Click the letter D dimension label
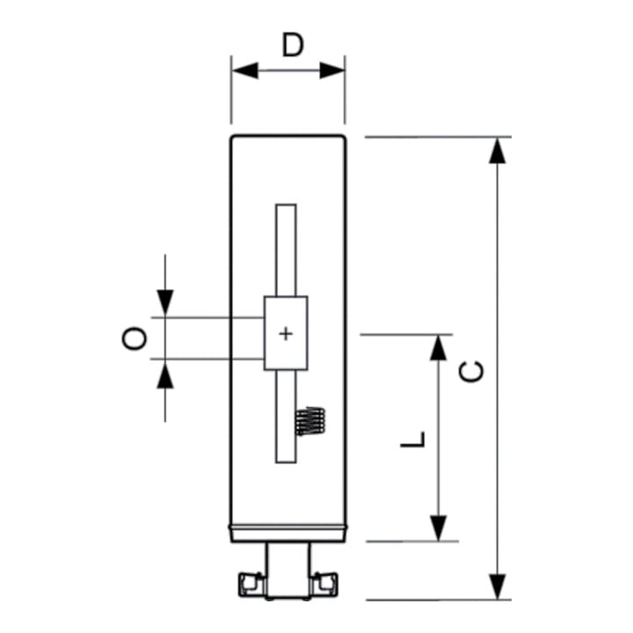pos(293,45)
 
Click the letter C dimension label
pos(471,372)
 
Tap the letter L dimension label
pos(413,440)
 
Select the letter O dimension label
pos(134,338)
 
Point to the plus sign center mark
pos(286,334)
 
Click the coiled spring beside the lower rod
pos(310,421)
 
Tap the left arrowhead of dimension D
pos(245,70)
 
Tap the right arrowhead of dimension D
pos(332,70)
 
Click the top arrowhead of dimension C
pos(498,150)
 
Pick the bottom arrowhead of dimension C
pos(498,586)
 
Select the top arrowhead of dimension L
pos(438,347)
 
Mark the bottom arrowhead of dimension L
pos(438,528)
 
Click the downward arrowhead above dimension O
pos(165,302)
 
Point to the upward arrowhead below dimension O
pos(165,375)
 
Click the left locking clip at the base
pos(251,584)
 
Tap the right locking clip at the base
pos(325,584)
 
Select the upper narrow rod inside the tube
pos(286,251)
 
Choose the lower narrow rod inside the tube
pos(286,416)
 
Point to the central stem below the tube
pos(288,570)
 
